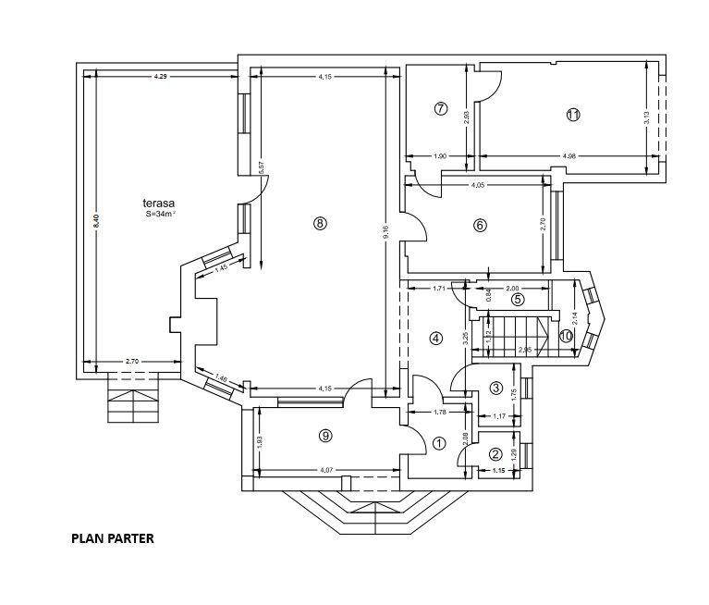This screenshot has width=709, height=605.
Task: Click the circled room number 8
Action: (320, 223)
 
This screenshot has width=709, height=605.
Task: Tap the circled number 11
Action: (573, 115)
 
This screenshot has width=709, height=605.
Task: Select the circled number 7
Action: (440, 109)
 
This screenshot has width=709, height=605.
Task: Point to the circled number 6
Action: (480, 225)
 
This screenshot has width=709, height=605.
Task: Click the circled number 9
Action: (325, 435)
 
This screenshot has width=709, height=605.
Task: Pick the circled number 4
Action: (435, 339)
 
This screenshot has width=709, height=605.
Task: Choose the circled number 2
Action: (495, 454)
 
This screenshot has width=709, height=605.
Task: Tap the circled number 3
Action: (495, 388)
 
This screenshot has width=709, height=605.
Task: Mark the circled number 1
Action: (439, 444)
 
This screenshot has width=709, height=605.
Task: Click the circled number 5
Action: (518, 299)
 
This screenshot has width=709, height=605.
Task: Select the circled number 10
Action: (565, 337)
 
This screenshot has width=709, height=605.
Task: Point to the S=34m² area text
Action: (161, 215)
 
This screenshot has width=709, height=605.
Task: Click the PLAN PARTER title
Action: (113, 537)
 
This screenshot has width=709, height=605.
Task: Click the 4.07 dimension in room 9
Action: (326, 470)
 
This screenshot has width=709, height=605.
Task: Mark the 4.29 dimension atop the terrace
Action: (161, 75)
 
